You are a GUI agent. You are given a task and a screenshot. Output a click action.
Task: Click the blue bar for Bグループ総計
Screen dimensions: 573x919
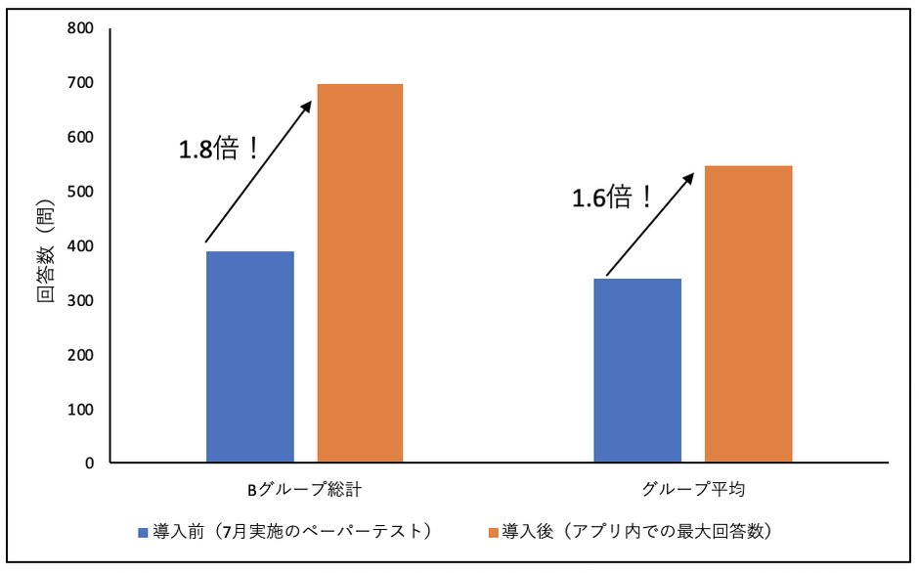pyautogui.click(x=250, y=357)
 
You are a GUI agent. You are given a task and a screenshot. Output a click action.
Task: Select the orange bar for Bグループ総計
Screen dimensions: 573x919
pyautogui.click(x=360, y=273)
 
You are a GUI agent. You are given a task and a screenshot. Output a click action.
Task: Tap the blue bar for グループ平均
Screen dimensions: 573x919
pyautogui.click(x=637, y=371)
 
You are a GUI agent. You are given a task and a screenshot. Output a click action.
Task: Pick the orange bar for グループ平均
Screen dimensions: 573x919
pyautogui.click(x=748, y=314)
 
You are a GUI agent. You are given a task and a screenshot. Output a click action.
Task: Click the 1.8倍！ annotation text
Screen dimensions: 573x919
pyautogui.click(x=219, y=150)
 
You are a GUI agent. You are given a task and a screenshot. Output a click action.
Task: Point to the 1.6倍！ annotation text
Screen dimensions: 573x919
pyautogui.click(x=612, y=198)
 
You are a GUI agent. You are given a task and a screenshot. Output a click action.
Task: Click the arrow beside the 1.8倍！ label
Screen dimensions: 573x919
pyautogui.click(x=257, y=172)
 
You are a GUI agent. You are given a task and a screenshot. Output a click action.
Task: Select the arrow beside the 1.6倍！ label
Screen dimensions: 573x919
pyautogui.click(x=650, y=225)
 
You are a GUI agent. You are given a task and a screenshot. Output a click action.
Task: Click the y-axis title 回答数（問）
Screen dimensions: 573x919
pyautogui.click(x=46, y=257)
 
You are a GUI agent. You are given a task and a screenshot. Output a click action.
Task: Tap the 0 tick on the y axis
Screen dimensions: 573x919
pyautogui.click(x=88, y=463)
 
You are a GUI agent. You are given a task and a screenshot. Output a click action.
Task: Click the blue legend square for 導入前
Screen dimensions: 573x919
pyautogui.click(x=144, y=533)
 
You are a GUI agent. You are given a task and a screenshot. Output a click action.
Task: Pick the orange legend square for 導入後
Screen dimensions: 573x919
pyautogui.click(x=493, y=533)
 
